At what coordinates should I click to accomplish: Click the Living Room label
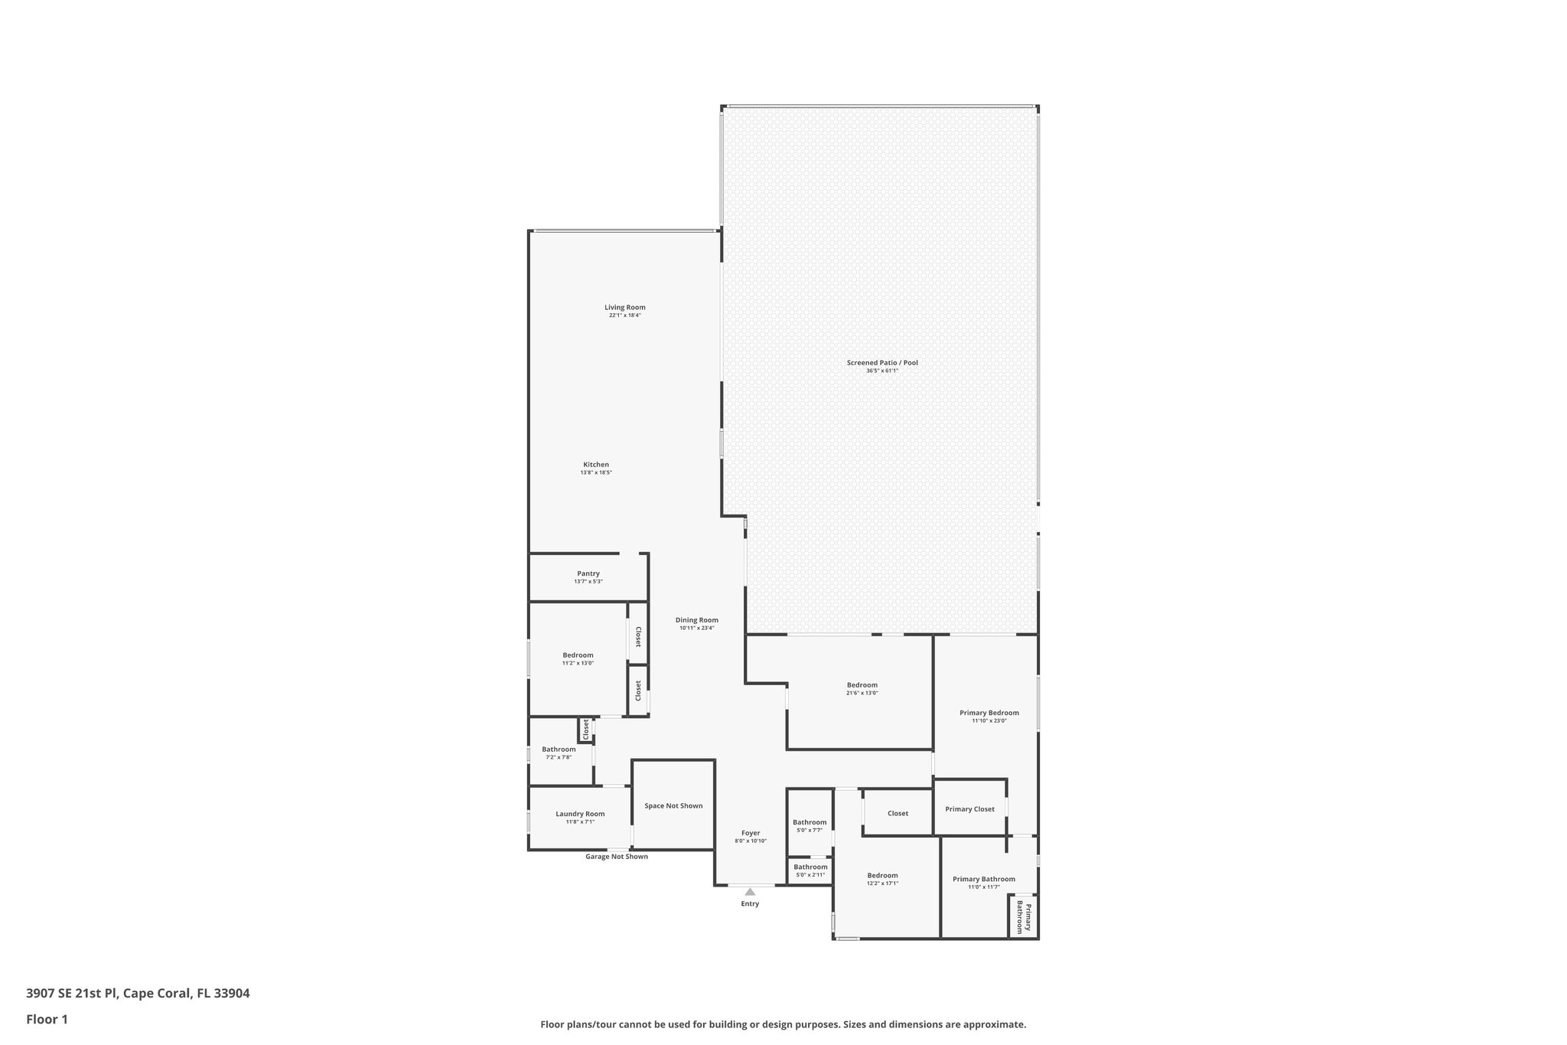(624, 308)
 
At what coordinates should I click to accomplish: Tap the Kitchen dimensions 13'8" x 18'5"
(595, 473)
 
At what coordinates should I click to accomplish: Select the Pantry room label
(588, 574)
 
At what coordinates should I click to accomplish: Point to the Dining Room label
(696, 620)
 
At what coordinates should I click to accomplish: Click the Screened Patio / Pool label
(881, 363)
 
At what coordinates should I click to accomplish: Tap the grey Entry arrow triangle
(750, 891)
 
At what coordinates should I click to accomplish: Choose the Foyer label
(751, 833)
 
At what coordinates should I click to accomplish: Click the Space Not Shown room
(673, 805)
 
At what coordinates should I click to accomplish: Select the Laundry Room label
(580, 814)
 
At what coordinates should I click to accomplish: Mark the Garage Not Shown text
(617, 857)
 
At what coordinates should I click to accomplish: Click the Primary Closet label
(969, 809)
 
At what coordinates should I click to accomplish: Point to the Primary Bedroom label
(989, 713)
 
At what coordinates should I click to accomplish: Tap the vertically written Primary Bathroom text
(1023, 917)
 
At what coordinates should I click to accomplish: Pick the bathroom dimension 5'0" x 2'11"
(810, 875)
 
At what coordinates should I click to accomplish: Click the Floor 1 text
(47, 1019)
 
